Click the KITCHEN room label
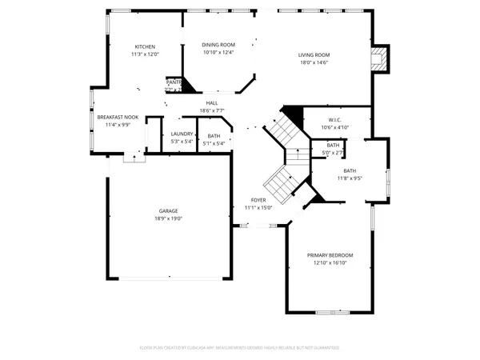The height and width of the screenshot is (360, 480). click(x=145, y=46)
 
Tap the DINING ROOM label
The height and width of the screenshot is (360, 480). click(x=218, y=46)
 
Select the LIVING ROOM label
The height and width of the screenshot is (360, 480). click(x=314, y=54)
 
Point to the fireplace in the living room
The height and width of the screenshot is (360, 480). click(x=382, y=58)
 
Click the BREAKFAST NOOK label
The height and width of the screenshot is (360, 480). click(x=118, y=117)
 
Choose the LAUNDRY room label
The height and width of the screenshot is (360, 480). click(x=182, y=134)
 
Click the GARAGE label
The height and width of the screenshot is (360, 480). click(x=169, y=211)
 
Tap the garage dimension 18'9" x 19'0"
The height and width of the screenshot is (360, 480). click(x=169, y=218)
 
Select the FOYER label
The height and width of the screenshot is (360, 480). click(x=258, y=200)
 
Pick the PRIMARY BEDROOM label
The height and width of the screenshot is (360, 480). click(x=330, y=255)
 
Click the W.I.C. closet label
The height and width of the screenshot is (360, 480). click(x=335, y=120)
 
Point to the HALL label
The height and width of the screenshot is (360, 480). click(x=212, y=103)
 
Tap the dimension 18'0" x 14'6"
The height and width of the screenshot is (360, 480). click(x=314, y=62)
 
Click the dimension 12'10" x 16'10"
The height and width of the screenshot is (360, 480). click(x=330, y=262)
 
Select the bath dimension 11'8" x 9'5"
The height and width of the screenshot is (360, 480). click(x=350, y=178)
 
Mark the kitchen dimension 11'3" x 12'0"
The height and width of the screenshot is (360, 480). click(x=145, y=54)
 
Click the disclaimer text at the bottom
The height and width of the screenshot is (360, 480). click(x=239, y=348)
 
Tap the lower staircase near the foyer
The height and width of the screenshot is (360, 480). click(x=279, y=184)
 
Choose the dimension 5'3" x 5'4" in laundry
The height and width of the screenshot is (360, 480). click(x=182, y=142)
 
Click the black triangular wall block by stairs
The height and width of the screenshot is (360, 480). click(x=294, y=116)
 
